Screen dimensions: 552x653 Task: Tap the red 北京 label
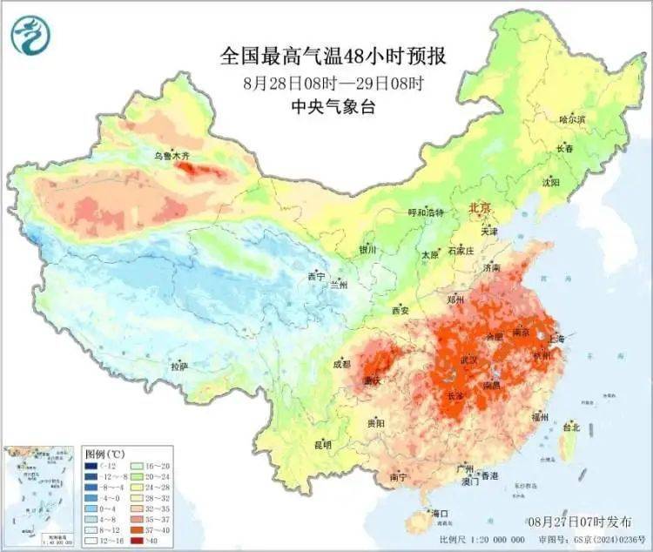481,208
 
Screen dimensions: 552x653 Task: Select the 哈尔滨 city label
572,118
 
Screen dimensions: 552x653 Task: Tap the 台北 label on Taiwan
571,427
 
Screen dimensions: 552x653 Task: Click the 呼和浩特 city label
427,212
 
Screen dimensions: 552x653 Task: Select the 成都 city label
342,364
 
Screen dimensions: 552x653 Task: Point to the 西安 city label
400,309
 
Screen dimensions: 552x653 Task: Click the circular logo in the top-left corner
30,34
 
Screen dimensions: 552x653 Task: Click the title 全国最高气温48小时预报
333,57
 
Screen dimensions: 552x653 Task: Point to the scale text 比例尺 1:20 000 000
491,540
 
